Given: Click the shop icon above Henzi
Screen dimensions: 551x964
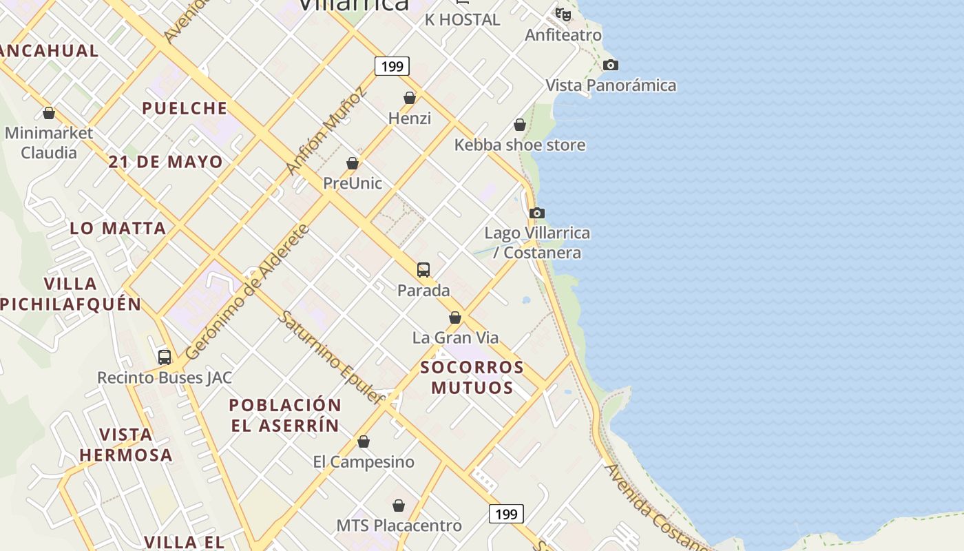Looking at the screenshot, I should [x=410, y=98].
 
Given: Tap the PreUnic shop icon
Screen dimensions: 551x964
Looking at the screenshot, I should [x=353, y=163].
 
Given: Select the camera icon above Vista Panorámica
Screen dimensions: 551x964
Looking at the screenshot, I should [x=611, y=65].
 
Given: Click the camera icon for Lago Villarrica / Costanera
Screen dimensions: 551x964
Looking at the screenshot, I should [x=537, y=213].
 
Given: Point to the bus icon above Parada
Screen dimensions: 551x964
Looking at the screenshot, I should [x=423, y=269].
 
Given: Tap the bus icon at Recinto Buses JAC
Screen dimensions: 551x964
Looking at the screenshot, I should [x=165, y=357].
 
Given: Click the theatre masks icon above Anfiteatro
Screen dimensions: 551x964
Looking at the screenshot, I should [x=563, y=14].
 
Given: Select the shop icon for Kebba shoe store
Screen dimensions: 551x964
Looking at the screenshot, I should [x=520, y=125].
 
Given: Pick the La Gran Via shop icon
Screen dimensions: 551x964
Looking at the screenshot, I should [x=455, y=318].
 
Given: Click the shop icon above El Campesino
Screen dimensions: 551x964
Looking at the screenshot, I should [x=364, y=441].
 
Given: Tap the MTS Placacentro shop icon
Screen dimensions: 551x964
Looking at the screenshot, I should [x=399, y=506].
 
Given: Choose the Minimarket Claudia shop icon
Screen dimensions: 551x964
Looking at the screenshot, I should [x=49, y=113].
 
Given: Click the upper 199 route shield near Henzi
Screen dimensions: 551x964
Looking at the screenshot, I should [x=392, y=66].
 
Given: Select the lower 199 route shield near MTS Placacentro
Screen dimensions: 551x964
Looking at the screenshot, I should [x=506, y=514].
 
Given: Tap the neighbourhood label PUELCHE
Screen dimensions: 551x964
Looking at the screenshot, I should [x=185, y=108].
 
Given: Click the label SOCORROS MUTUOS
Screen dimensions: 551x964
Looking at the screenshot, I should [x=472, y=377].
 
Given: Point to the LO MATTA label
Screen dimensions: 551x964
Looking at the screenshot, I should [x=118, y=228].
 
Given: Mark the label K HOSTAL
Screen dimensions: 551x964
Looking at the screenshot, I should [x=462, y=20].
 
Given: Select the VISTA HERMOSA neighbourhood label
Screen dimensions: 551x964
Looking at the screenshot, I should [x=126, y=445].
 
